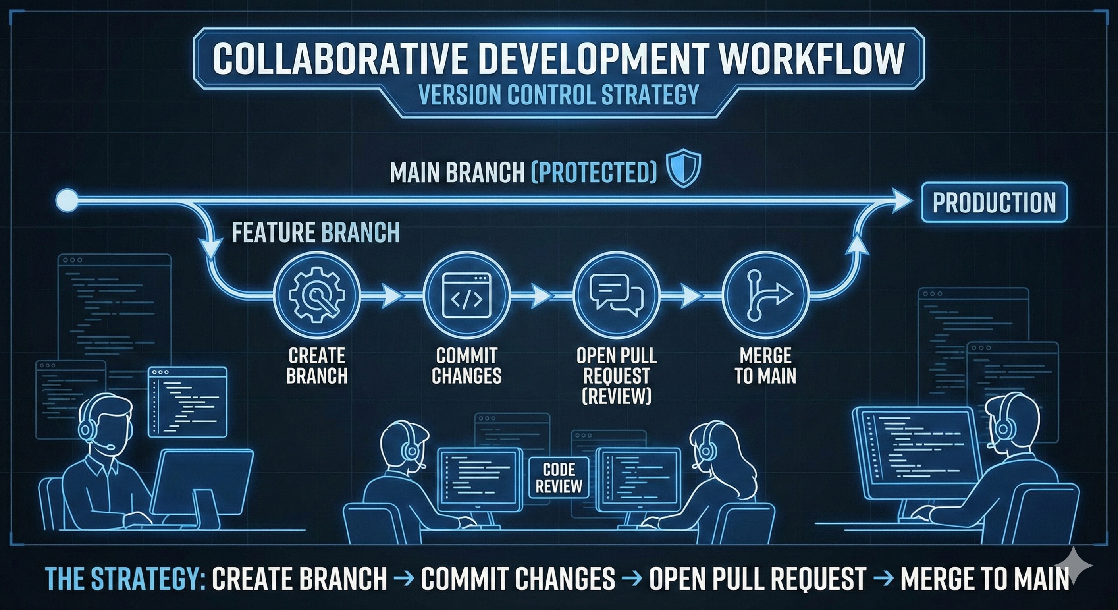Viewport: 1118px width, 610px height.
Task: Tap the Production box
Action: (x=994, y=202)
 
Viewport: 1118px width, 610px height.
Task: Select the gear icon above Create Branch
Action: (x=317, y=295)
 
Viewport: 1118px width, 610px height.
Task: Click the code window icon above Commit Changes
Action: (x=466, y=295)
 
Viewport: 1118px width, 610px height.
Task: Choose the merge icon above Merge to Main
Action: (x=767, y=295)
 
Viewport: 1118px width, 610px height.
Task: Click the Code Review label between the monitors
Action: (x=559, y=478)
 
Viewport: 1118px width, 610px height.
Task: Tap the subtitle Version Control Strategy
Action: (x=559, y=95)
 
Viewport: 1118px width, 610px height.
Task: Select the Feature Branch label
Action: (x=316, y=232)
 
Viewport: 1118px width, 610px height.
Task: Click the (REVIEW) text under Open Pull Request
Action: (x=616, y=396)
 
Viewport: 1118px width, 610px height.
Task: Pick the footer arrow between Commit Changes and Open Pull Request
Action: (x=632, y=578)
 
